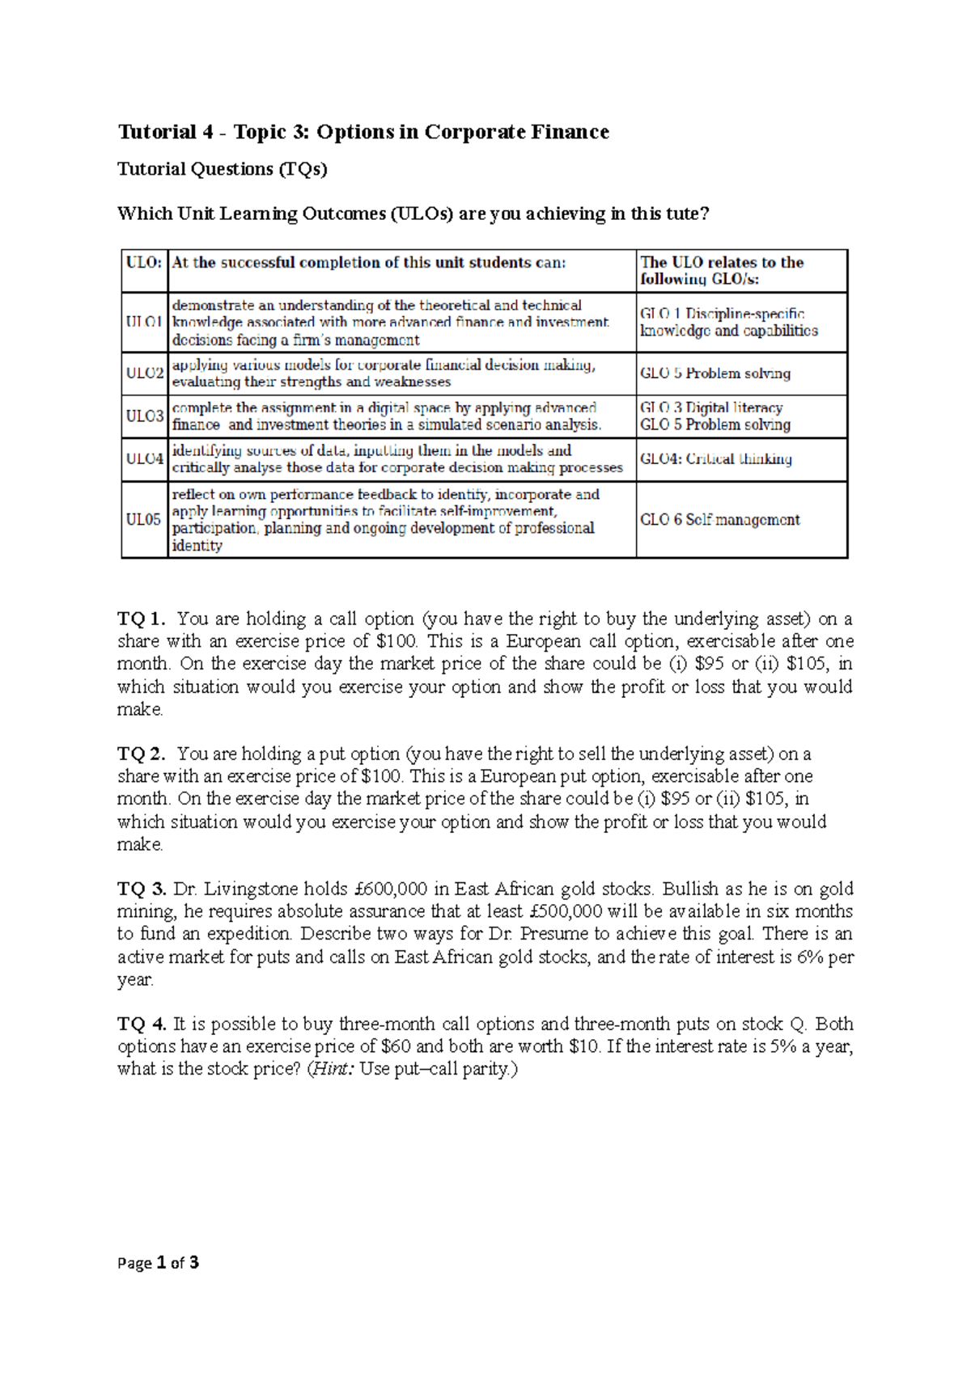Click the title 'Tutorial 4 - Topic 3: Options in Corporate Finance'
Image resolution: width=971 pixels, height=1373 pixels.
363,132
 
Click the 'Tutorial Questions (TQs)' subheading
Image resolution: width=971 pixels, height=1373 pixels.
223,169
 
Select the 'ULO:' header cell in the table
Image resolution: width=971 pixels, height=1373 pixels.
144,263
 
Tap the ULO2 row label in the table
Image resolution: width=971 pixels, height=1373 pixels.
145,374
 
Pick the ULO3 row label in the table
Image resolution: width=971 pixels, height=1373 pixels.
145,416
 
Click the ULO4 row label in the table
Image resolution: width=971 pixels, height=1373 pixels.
145,459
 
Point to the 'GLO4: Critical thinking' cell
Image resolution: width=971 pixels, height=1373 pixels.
716,459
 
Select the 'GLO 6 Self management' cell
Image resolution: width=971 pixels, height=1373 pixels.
720,520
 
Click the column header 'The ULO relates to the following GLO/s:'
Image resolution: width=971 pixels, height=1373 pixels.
722,270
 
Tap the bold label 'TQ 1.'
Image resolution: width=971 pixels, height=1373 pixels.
142,619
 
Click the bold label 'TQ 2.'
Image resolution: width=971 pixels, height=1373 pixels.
142,754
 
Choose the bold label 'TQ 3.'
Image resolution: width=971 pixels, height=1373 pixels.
142,889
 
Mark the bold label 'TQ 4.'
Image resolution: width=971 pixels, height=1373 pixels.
142,1024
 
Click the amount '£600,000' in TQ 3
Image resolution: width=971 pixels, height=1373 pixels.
391,889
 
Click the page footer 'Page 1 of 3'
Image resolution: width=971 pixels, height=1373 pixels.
159,1263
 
